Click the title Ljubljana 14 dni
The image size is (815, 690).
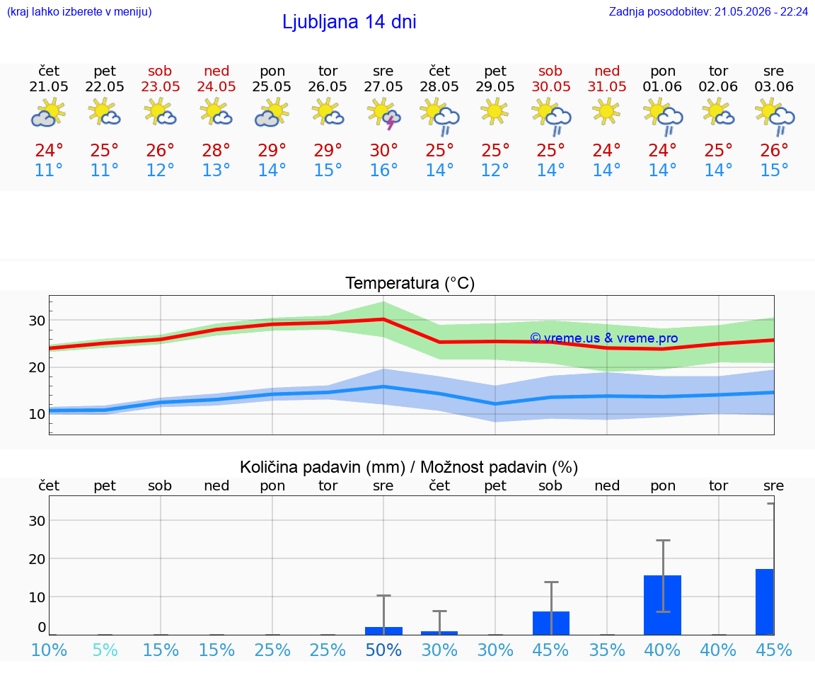click(349, 22)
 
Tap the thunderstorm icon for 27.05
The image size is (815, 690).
click(383, 115)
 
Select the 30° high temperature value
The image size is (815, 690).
click(383, 150)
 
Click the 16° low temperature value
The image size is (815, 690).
click(383, 170)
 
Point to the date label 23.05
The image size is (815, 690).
click(161, 86)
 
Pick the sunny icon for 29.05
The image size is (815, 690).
click(495, 113)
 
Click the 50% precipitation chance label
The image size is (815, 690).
click(383, 650)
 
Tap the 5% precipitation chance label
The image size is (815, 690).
click(105, 650)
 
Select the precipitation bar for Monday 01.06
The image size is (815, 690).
click(663, 605)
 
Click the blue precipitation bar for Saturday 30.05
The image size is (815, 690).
click(551, 623)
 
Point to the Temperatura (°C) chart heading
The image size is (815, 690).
click(410, 283)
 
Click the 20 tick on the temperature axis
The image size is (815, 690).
click(37, 367)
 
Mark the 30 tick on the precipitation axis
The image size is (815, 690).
click(37, 520)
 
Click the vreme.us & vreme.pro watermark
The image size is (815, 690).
click(604, 338)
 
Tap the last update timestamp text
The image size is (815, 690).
click(708, 11)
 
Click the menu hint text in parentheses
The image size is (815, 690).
click(79, 11)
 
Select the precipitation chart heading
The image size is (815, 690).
click(409, 467)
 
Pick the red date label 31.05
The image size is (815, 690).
click(607, 86)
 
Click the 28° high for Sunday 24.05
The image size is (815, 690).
click(216, 150)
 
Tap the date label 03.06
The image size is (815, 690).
click(774, 86)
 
